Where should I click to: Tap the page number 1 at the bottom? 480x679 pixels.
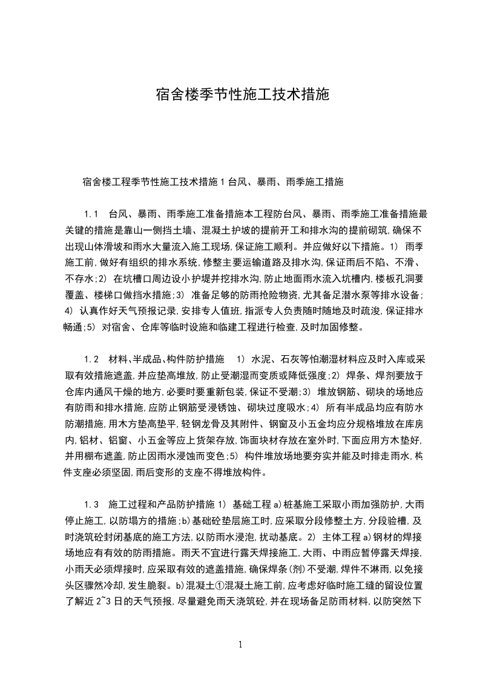[x=240, y=644]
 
